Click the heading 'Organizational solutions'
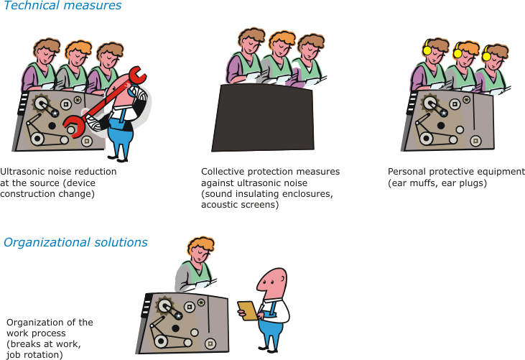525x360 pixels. [75, 243]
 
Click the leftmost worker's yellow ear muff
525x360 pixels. [427, 50]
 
